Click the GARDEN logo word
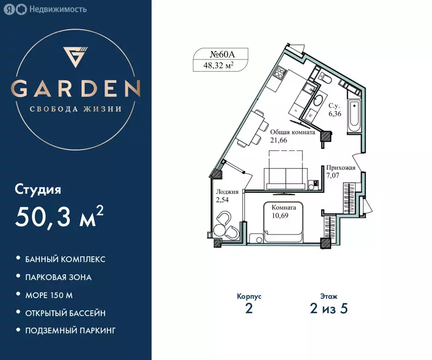tap(75, 88)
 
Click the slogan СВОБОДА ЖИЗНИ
tap(75, 109)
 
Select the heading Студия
tap(38, 190)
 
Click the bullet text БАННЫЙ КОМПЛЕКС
tap(65, 259)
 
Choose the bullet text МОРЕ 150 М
tap(49, 295)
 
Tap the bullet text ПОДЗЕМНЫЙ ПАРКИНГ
tap(70, 330)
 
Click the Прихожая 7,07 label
tap(341, 172)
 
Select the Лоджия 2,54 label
tap(227, 195)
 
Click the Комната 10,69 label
tap(283, 212)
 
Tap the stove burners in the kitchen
tap(280, 73)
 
